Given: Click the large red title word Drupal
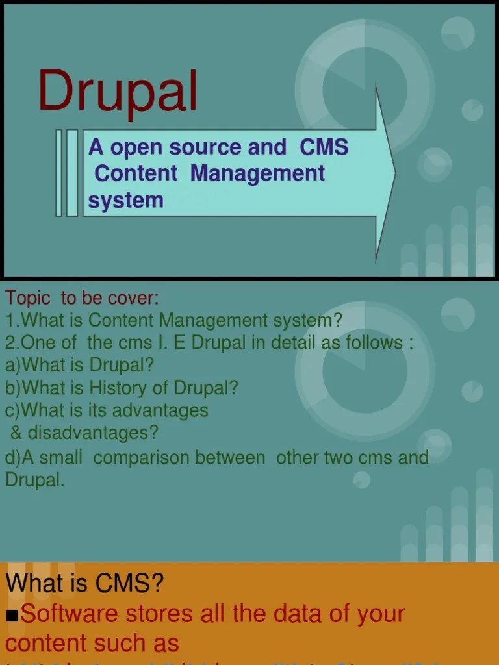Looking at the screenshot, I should tap(118, 92).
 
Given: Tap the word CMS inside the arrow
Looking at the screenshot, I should tap(324, 147).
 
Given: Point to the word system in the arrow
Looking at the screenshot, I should tap(125, 200).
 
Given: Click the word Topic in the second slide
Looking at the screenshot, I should tap(28, 298).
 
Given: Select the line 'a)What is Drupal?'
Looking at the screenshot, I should tap(80, 364).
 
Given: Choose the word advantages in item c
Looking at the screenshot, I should tap(160, 410).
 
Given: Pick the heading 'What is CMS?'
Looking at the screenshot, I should tap(85, 583).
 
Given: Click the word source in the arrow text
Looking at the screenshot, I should tap(206, 147).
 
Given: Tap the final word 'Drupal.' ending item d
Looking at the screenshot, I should tap(35, 480).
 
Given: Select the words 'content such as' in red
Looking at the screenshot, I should tap(92, 643).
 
